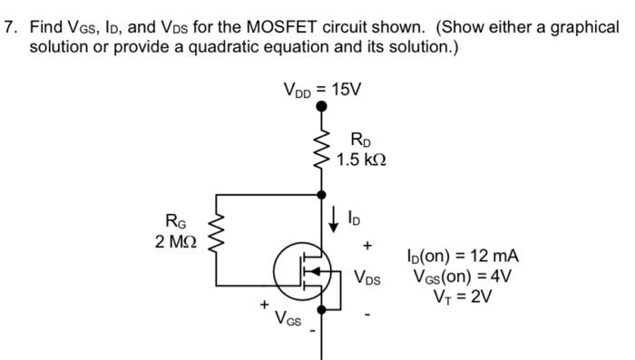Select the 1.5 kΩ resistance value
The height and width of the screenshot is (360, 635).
coord(361,160)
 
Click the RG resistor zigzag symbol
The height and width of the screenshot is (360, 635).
coord(216,235)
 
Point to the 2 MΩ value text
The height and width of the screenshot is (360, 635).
coord(173,241)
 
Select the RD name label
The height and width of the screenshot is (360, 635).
coord(361,141)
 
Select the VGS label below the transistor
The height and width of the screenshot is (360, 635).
coord(289,320)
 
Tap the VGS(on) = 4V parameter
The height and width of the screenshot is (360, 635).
coord(463,277)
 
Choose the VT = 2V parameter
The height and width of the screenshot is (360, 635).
coord(463,297)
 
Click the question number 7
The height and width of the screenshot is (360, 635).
coord(11,26)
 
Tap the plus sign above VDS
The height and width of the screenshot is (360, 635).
coord(366,245)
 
